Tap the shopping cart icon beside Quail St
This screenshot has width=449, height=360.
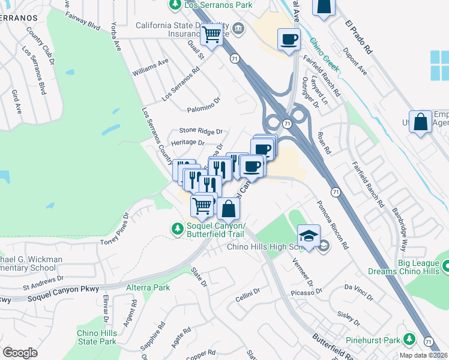point(211,35)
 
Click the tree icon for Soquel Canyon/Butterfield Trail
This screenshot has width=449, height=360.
point(177,229)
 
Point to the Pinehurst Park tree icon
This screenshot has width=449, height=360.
point(409,340)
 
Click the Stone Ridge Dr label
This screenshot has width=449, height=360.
point(200,131)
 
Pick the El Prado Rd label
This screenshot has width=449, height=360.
point(359,36)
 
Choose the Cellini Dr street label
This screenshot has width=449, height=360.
point(247,293)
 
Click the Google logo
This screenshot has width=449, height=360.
point(20,353)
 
